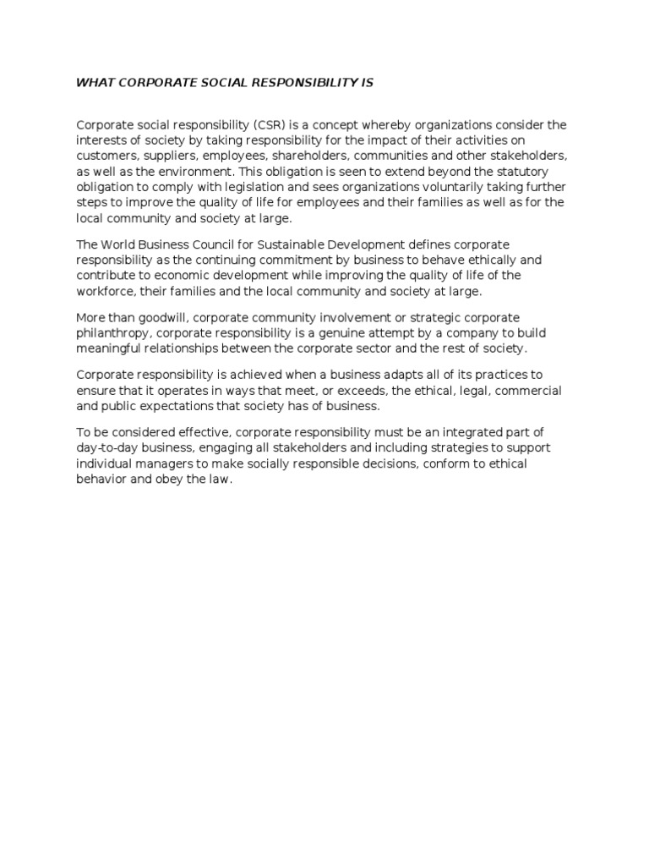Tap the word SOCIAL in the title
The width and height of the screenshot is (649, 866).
click(206, 82)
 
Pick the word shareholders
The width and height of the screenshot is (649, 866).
click(312, 156)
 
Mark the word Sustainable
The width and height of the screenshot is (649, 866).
click(292, 244)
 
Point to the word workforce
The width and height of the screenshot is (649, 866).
click(106, 291)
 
